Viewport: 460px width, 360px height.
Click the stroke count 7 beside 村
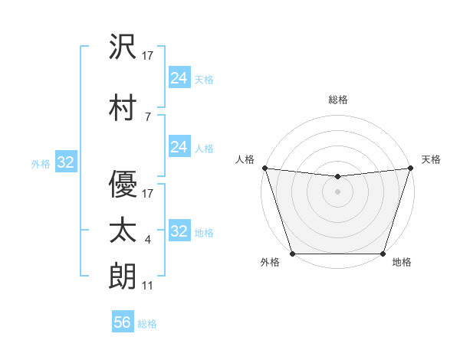[x=148, y=117]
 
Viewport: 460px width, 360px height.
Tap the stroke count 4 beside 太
[x=148, y=241]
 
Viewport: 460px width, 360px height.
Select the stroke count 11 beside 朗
[x=148, y=286]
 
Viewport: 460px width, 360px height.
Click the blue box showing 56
[x=123, y=323]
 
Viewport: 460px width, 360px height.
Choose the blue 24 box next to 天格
[x=179, y=78]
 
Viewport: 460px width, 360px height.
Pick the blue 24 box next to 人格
[x=179, y=147]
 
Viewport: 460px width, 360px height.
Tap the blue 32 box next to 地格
[x=179, y=231]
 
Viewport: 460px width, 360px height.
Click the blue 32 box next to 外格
[x=65, y=162]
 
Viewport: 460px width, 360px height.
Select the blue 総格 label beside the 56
[x=147, y=324]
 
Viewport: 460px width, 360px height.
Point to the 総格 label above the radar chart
[x=337, y=100]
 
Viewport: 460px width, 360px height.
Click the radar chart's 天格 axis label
[x=431, y=159]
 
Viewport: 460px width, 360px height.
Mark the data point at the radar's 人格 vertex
[x=264, y=168]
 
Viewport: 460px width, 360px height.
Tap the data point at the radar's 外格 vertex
[x=292, y=254]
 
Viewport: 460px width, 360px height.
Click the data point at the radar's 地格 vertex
[x=383, y=254]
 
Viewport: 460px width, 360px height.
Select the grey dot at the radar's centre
[x=337, y=191]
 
